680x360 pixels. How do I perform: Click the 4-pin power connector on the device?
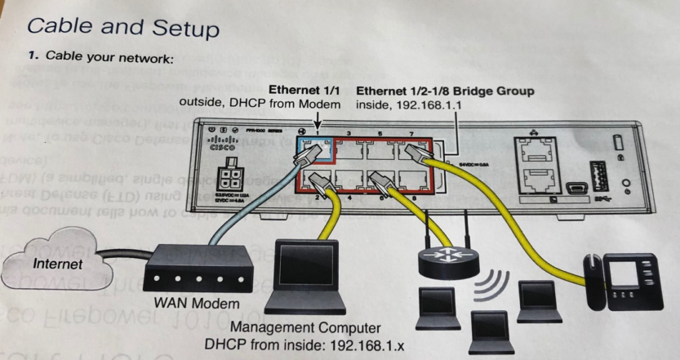pyautogui.click(x=226, y=180)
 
